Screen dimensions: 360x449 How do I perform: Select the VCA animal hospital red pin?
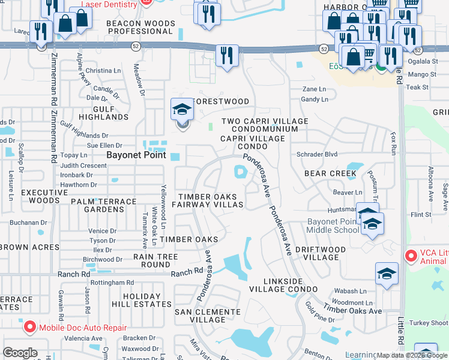[x=411, y=256]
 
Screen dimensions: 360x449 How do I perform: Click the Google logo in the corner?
[x=20, y=353]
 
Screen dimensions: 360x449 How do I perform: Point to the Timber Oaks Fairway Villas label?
[x=208, y=200]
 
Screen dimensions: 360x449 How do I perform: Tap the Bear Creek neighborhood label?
[x=330, y=173]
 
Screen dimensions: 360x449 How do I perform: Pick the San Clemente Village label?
[x=208, y=316]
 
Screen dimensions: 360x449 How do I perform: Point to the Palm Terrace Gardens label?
[x=97, y=205]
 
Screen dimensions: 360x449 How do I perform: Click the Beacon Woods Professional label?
[x=140, y=27]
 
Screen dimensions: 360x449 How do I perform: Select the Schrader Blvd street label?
[x=317, y=154]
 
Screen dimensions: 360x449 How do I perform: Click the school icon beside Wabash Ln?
[x=387, y=274]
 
